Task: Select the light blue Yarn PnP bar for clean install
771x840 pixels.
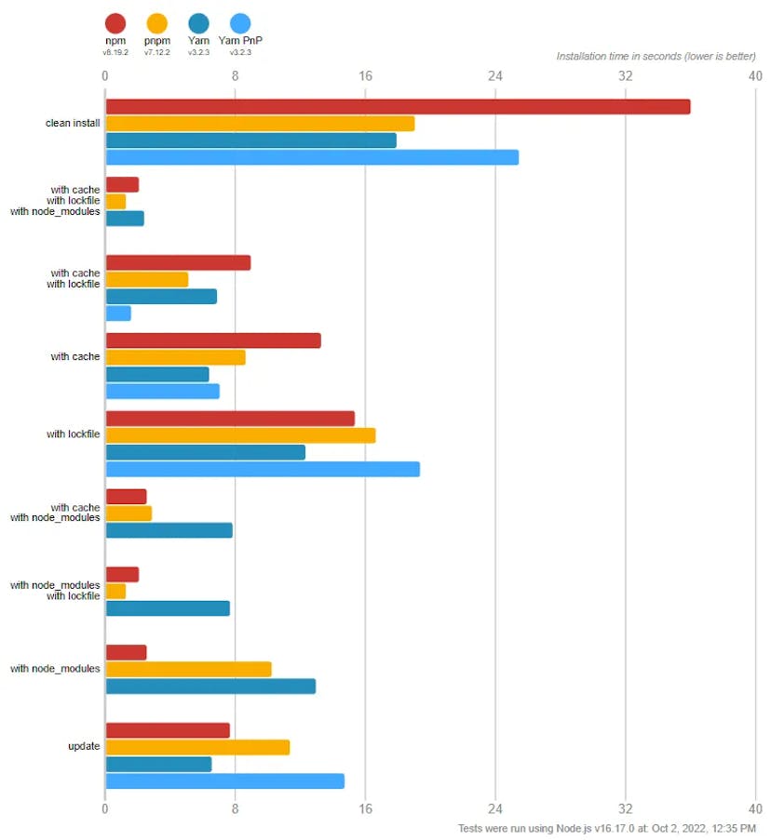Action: (312, 157)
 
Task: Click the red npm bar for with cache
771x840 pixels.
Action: (213, 340)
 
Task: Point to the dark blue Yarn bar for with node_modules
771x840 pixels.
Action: (210, 687)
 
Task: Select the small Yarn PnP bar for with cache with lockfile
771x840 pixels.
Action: (118, 313)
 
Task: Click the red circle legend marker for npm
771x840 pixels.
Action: (115, 23)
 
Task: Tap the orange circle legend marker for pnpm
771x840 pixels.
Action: (157, 23)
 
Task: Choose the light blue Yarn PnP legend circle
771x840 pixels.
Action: (240, 23)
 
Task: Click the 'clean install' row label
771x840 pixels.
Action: (73, 123)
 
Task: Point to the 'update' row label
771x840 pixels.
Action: (84, 746)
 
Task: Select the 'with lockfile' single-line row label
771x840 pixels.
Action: (73, 434)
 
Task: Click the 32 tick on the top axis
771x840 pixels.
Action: (626, 75)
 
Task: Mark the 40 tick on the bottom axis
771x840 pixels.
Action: (755, 808)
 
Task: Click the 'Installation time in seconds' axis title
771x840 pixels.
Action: (656, 56)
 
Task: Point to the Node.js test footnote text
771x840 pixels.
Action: (607, 828)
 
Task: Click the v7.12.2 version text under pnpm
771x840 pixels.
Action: (157, 52)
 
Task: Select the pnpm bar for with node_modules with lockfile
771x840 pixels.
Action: (115, 592)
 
